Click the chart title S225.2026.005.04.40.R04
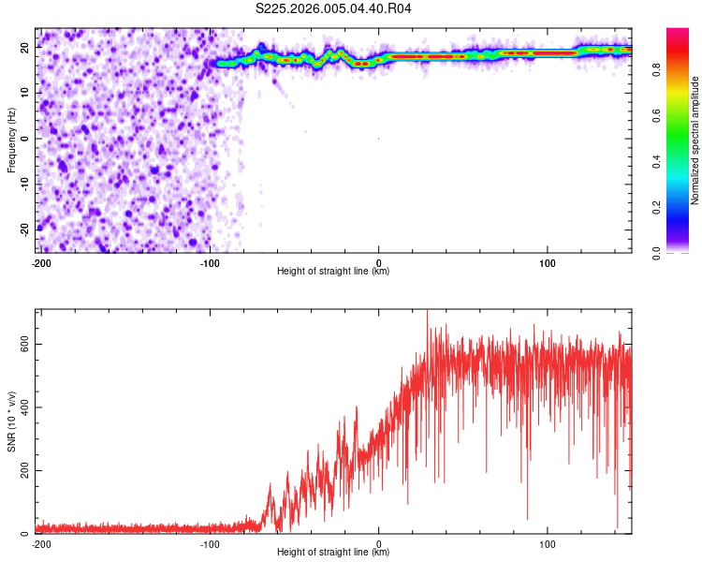click(334, 8)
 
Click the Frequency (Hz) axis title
click(12, 140)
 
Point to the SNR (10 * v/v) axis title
click(12, 421)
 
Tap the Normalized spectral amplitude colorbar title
click(695, 140)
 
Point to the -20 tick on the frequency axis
click(25, 229)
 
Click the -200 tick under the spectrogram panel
click(41, 262)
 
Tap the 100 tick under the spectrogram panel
click(548, 262)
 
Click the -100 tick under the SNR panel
click(210, 543)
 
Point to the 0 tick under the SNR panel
click(379, 543)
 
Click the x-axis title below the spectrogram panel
click(333, 272)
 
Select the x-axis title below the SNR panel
click(333, 553)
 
